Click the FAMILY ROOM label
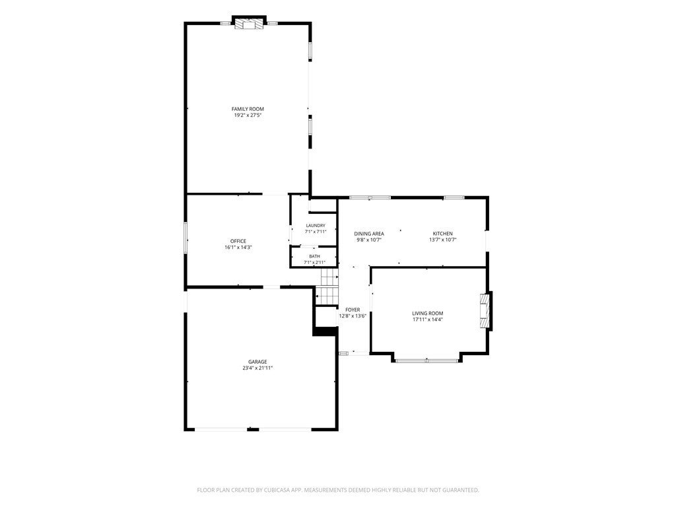[248, 109]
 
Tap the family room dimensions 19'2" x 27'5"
[248, 116]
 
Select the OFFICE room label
[238, 241]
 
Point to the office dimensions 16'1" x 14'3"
[238, 248]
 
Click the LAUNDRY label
[316, 226]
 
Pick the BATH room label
[315, 256]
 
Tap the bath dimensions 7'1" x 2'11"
[315, 262]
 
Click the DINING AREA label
[369, 234]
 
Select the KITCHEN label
[443, 234]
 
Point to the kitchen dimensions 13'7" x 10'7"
[443, 240]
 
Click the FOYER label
[353, 310]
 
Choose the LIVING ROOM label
[428, 314]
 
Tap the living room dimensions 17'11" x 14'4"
[428, 320]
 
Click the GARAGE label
[257, 362]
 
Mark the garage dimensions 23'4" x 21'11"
[257, 368]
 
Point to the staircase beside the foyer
[327, 287]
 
